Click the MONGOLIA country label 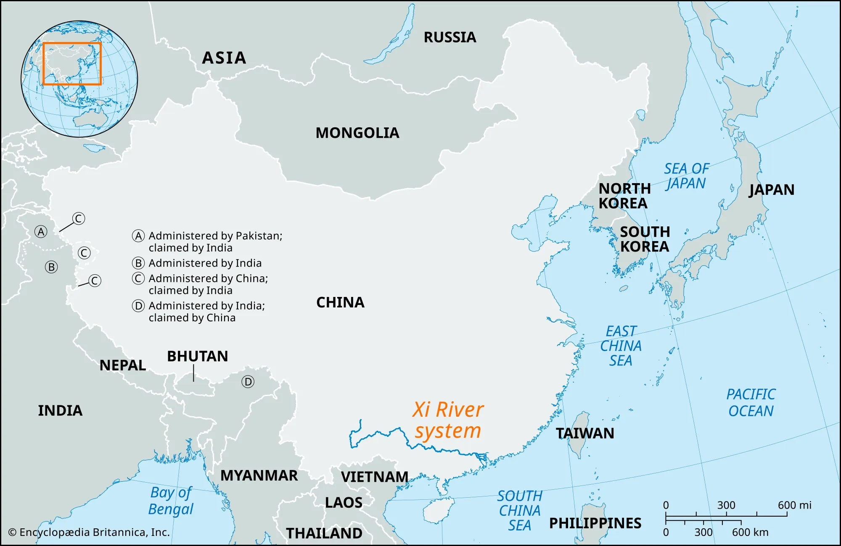(x=357, y=133)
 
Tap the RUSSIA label (x=450, y=37)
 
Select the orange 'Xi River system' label (x=448, y=420)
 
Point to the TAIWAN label (x=585, y=433)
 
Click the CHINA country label (x=340, y=302)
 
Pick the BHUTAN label (x=197, y=356)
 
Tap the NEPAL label (x=122, y=365)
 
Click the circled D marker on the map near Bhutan (x=248, y=382)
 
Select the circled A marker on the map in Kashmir (x=41, y=231)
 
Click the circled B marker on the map (x=51, y=267)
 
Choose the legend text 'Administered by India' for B (x=205, y=263)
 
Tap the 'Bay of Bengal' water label (x=171, y=501)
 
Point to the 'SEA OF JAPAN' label (x=686, y=176)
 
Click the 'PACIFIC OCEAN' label (x=751, y=402)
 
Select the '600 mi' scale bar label (x=794, y=505)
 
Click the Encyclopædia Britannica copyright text (x=89, y=532)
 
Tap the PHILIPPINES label (x=595, y=523)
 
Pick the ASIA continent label (x=224, y=58)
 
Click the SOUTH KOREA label (x=645, y=239)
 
